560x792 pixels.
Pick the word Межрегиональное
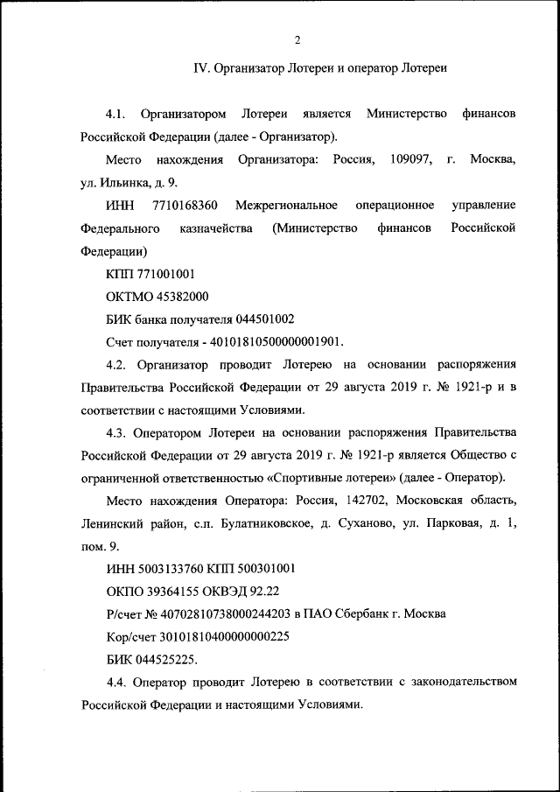coord(291,205)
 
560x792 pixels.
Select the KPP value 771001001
coord(158,274)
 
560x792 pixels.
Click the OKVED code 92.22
coord(261,592)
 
